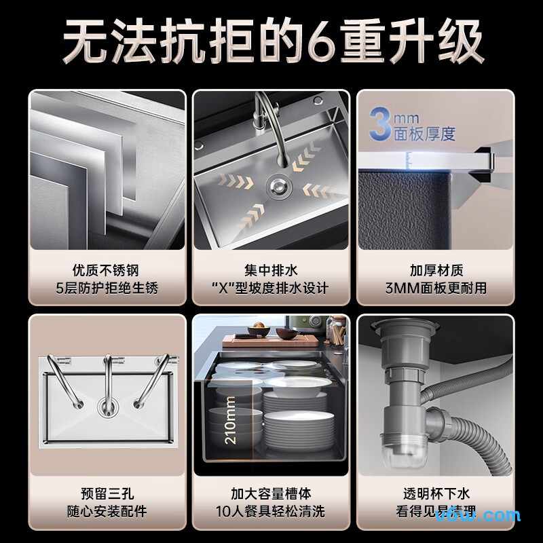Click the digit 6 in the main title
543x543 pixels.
coord(328,43)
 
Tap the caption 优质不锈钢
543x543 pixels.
coord(107,270)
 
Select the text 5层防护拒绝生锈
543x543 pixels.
coord(107,288)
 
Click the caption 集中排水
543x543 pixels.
coord(271,270)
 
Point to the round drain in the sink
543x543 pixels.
coord(276,183)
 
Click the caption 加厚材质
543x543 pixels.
coord(435,270)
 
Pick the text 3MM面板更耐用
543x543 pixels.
coord(435,288)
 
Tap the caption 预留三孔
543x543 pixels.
coord(107,493)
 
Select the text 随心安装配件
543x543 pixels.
coord(107,511)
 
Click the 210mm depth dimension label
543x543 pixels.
coord(230,419)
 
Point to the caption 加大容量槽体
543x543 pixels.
coord(271,493)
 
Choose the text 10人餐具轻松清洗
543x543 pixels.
coord(271,511)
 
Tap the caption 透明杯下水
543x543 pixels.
coord(435,493)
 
